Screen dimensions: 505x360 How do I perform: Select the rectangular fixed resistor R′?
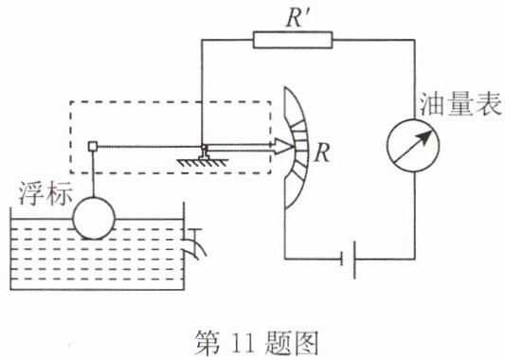pyautogui.click(x=293, y=40)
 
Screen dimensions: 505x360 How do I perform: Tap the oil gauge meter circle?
pyautogui.click(x=413, y=146)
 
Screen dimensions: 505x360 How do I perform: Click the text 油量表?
pyautogui.click(x=460, y=103)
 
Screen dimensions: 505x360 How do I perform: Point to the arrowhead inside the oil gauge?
pyautogui.click(x=425, y=136)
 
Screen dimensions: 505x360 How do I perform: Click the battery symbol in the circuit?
pyautogui.click(x=349, y=259)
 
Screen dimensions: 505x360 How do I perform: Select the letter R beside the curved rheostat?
pyautogui.click(x=322, y=153)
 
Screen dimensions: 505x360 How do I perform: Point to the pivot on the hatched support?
pyautogui.click(x=204, y=148)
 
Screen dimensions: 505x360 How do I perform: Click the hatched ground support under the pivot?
pyautogui.click(x=203, y=162)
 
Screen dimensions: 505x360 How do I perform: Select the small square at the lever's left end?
pyautogui.click(x=93, y=147)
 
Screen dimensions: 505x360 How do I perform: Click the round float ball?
pyautogui.click(x=94, y=218)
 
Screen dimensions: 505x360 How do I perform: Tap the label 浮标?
pyautogui.click(x=45, y=194)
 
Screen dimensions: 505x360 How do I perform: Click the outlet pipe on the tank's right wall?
pyautogui.click(x=195, y=244)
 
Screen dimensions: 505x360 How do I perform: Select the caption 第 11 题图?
pyautogui.click(x=256, y=343)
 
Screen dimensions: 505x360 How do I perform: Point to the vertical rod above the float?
pyautogui.click(x=93, y=174)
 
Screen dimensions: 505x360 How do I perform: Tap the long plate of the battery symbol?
pyautogui.click(x=354, y=260)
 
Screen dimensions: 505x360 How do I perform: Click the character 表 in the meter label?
pyautogui.click(x=489, y=103)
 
